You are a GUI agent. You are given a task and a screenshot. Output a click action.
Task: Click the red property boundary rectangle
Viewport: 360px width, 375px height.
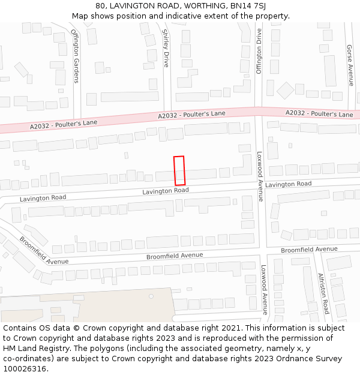(x=179, y=170)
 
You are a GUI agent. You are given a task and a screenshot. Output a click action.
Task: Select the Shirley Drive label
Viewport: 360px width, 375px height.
(x=166, y=48)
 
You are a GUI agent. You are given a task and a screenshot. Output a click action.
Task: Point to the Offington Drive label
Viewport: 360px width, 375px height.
(x=259, y=51)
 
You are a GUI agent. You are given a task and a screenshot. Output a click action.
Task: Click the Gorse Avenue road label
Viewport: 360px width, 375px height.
(x=351, y=65)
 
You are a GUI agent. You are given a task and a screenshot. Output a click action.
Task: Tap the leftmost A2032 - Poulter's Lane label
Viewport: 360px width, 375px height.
(x=64, y=124)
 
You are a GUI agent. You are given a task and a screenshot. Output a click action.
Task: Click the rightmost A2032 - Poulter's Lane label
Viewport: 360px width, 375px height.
(x=319, y=113)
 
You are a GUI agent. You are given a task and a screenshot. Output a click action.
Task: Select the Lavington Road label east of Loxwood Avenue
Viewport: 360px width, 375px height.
(x=289, y=184)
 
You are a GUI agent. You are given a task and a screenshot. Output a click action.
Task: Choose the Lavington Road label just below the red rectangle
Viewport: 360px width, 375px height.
(x=166, y=191)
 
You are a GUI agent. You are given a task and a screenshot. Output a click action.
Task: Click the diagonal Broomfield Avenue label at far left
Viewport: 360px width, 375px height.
(x=44, y=250)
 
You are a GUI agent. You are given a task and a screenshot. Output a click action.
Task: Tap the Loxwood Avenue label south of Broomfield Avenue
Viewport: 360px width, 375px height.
(x=263, y=290)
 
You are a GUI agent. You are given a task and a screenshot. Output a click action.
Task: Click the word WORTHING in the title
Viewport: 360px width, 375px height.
(x=200, y=6)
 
